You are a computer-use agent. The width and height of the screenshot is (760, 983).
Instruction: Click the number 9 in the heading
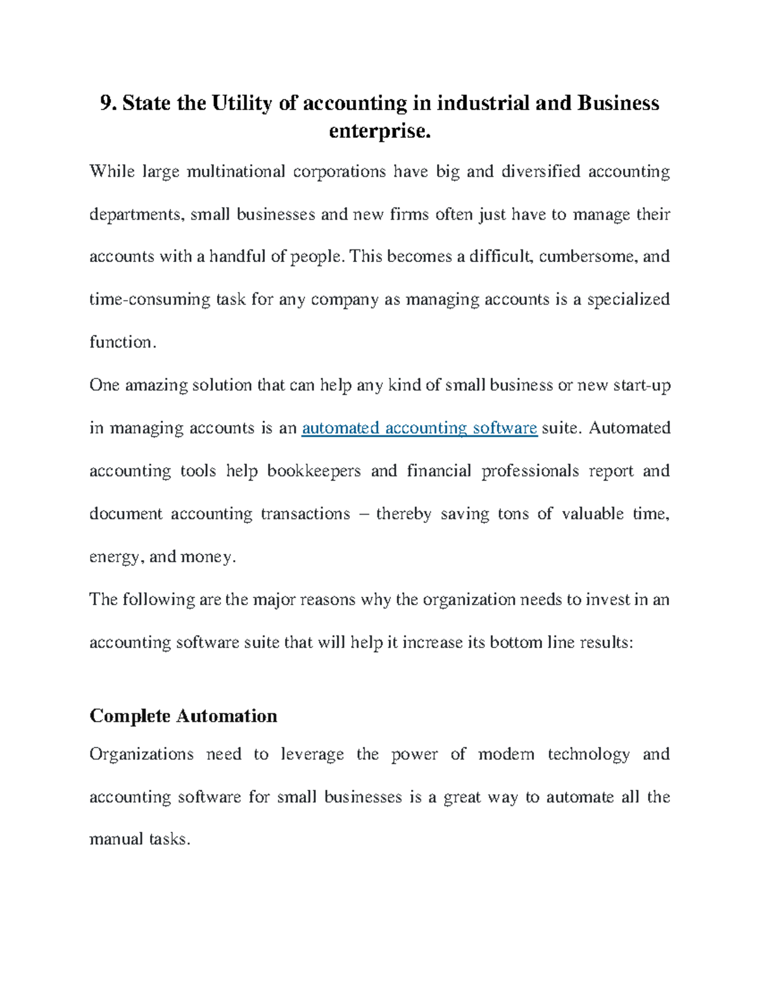pyautogui.click(x=105, y=103)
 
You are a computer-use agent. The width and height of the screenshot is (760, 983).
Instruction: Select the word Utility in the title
pyautogui.click(x=242, y=103)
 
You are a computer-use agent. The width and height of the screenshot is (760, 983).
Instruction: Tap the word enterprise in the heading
pyautogui.click(x=379, y=131)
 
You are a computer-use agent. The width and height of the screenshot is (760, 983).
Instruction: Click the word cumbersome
pyautogui.click(x=587, y=256)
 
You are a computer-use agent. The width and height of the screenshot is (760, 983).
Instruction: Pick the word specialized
pyautogui.click(x=628, y=299)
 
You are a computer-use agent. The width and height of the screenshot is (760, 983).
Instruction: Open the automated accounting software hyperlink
pyautogui.click(x=419, y=429)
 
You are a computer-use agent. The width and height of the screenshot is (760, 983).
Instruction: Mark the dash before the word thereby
pyautogui.click(x=363, y=514)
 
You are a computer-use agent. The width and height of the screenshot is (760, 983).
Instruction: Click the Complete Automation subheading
pyautogui.click(x=183, y=716)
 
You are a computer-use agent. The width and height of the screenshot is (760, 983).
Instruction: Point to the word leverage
pyautogui.click(x=312, y=754)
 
